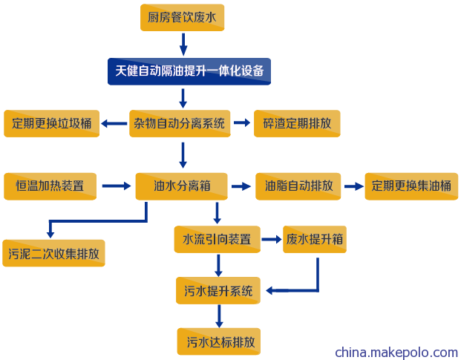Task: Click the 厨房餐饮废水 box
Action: [183, 17]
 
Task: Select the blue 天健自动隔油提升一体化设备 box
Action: [189, 71]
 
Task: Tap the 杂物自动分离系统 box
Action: [180, 123]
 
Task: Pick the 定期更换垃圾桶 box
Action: [51, 123]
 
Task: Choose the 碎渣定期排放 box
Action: [297, 123]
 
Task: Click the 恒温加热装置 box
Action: [50, 186]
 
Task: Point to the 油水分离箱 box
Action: [181, 186]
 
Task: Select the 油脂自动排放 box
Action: [298, 186]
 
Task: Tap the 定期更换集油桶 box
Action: [411, 186]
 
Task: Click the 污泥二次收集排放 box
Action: [53, 253]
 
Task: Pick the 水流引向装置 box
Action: [218, 239]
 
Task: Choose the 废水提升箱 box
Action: [315, 239]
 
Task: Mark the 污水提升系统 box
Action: [218, 290]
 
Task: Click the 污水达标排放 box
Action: [219, 341]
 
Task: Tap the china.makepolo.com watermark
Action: [396, 352]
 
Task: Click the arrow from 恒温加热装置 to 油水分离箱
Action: [117, 186]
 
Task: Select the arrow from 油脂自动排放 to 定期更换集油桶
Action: [354, 186]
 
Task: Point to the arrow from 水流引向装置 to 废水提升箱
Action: [272, 239]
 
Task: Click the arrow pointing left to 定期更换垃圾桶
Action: [114, 123]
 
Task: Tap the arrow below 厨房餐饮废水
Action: [183, 45]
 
